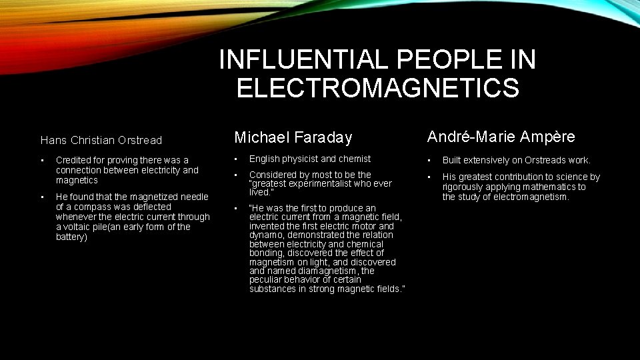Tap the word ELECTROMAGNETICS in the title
coord(377,88)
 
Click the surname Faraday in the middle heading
coord(321,138)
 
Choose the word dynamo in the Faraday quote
coord(264,235)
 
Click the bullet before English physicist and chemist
coord(235,159)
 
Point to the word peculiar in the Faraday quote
coord(267,280)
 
